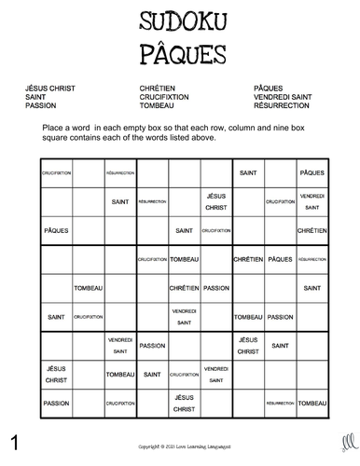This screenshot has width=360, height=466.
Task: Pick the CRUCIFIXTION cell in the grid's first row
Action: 57,173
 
